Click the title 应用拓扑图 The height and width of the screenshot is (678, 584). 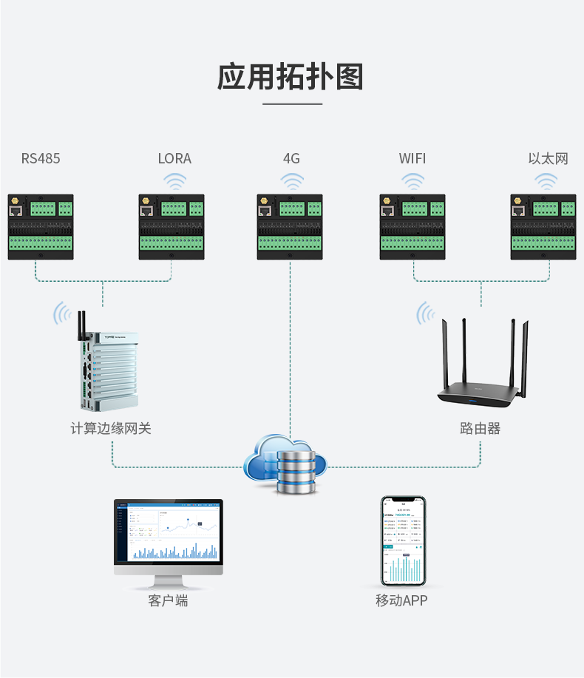[x=291, y=78]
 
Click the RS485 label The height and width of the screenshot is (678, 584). [x=41, y=158]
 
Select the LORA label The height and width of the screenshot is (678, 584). [x=174, y=158]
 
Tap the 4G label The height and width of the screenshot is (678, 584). [x=291, y=158]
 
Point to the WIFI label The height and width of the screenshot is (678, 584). [x=412, y=158]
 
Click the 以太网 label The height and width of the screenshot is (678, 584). [x=548, y=158]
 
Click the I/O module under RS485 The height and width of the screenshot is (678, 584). [x=41, y=227]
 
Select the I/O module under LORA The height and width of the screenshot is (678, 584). [x=172, y=227]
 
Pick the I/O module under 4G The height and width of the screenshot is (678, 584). [x=290, y=227]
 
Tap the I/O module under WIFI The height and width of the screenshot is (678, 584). [x=412, y=227]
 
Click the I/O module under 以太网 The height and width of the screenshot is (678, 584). [x=543, y=227]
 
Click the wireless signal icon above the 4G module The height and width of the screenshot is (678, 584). [x=292, y=181]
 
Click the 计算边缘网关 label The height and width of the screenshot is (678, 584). [x=111, y=428]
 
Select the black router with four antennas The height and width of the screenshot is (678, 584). [x=481, y=370]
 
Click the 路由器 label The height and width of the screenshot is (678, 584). [x=480, y=428]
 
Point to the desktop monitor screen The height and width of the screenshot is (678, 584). [x=168, y=531]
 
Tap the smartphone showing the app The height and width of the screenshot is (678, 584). [x=403, y=540]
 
